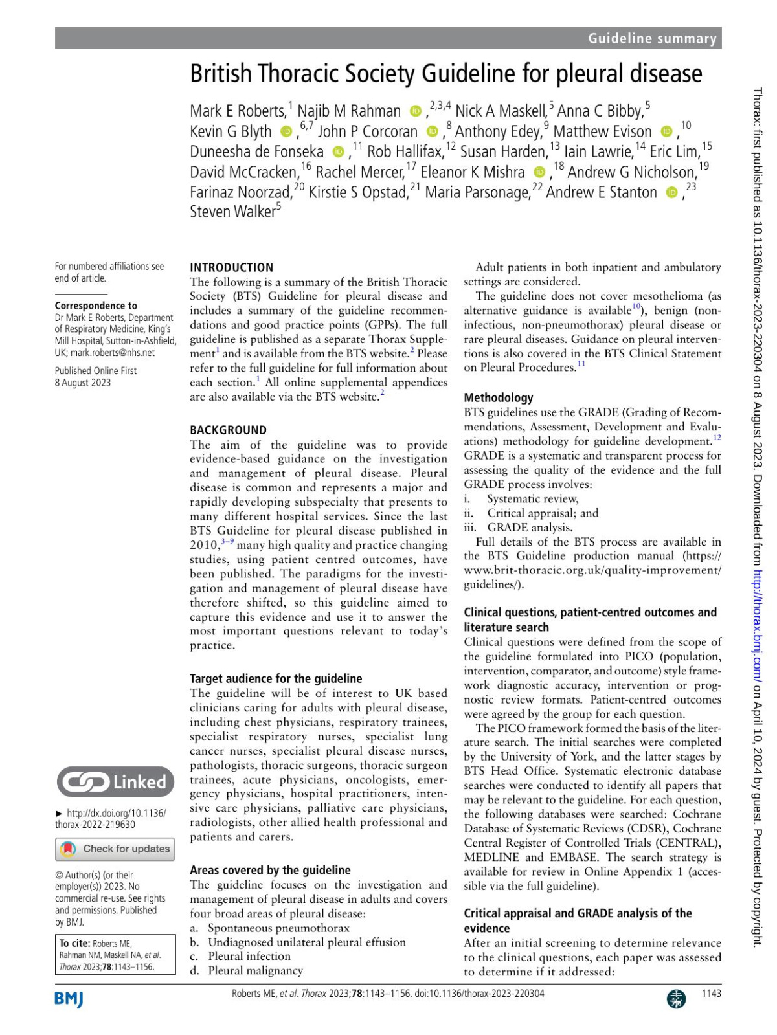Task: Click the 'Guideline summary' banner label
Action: coord(652,39)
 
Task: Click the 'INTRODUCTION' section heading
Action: coord(231,267)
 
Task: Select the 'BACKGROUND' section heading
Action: coord(228,430)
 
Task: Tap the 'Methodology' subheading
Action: coord(498,397)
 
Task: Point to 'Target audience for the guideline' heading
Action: coord(276,678)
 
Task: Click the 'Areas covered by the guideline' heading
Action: coord(270,870)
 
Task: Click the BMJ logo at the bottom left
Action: coord(69,999)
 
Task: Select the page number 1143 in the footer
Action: coord(711,994)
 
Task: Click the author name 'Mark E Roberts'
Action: coord(238,111)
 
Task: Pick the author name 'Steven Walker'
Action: coord(232,212)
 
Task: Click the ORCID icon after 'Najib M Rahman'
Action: coord(416,111)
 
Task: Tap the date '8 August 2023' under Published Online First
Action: coord(83,383)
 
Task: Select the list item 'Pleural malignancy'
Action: coord(255,970)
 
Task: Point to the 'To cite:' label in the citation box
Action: coord(74,944)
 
